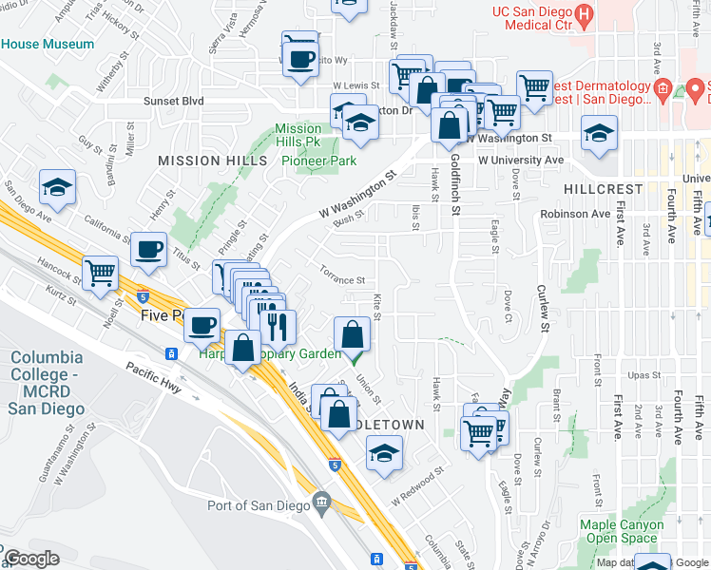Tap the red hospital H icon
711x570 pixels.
(x=586, y=13)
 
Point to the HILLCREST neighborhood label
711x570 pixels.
(x=601, y=189)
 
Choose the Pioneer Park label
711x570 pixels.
(x=318, y=161)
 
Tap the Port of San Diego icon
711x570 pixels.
(x=321, y=500)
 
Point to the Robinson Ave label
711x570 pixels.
(x=575, y=214)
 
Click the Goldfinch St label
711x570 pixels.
(x=456, y=182)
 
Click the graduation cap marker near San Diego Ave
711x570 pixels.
(x=57, y=189)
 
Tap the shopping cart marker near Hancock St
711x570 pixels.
(x=100, y=274)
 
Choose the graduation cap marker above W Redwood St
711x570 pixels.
(x=384, y=454)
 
